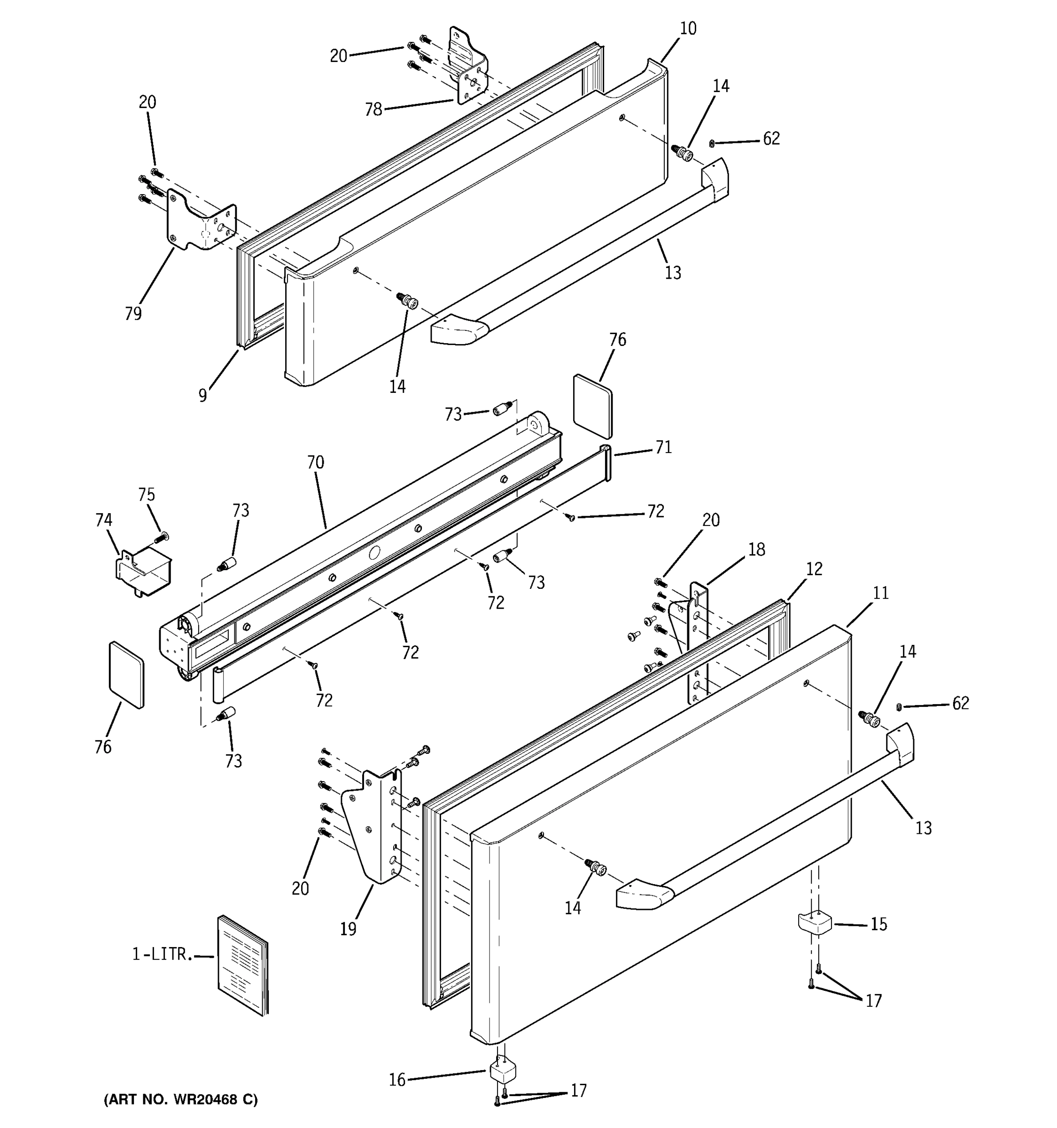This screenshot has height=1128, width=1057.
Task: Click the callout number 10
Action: [x=687, y=28]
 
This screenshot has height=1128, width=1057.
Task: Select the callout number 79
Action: [x=133, y=313]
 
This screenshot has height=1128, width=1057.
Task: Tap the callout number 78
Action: [x=373, y=110]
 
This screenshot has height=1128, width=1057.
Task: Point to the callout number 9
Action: [x=202, y=395]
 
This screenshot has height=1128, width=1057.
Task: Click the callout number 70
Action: [x=315, y=462]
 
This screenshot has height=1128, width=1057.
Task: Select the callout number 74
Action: [x=103, y=520]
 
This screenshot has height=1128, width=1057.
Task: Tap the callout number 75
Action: [x=146, y=495]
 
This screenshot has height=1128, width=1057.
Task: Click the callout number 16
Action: [x=397, y=1080]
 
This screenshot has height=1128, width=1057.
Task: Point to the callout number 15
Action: [x=878, y=924]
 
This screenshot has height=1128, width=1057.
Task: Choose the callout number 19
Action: [x=348, y=929]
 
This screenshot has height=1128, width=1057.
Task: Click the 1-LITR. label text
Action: [x=159, y=955]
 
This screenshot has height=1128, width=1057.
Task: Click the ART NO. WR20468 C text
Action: [x=180, y=1100]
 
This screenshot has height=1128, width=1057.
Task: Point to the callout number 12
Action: [x=814, y=569]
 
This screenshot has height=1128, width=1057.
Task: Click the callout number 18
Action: [x=756, y=549]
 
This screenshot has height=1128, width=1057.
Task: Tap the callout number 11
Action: [x=880, y=593]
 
